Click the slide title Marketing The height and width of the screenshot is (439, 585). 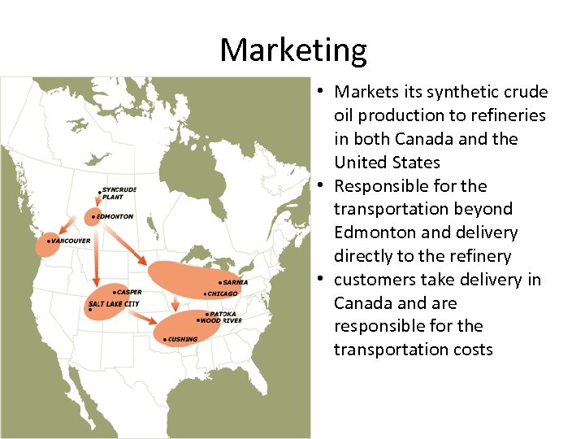tap(292, 50)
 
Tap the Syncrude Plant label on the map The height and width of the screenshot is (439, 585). tap(119, 193)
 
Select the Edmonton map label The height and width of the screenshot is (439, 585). tap(114, 217)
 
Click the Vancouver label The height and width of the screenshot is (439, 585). tap(70, 241)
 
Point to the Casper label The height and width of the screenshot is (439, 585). tap(128, 292)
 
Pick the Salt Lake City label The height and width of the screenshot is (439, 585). tap(114, 304)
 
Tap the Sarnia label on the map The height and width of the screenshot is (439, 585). tap(235, 282)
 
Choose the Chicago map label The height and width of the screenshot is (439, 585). tap(223, 293)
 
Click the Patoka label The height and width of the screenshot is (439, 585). tap(223, 314)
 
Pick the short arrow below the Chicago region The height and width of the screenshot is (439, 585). tap(175, 304)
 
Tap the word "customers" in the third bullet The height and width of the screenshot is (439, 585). tap(375, 280)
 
